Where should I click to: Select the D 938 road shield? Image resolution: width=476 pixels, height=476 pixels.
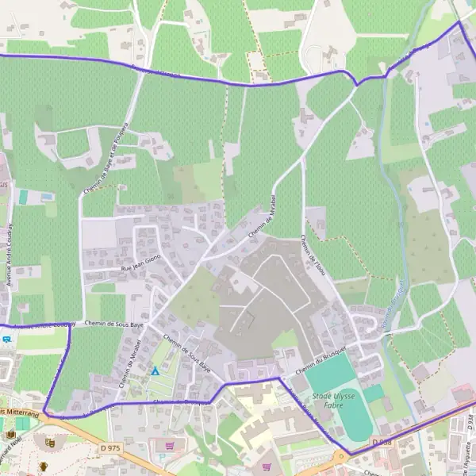(x=382, y=442)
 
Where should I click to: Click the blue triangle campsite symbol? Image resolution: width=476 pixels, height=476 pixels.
(x=155, y=370)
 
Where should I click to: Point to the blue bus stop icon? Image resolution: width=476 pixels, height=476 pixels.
(x=6, y=339)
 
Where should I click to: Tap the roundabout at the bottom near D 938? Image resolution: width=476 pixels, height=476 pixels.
(x=342, y=457)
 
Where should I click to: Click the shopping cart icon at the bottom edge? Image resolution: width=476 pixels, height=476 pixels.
(x=267, y=466)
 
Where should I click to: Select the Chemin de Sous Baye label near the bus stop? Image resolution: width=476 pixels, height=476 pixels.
(x=115, y=324)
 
